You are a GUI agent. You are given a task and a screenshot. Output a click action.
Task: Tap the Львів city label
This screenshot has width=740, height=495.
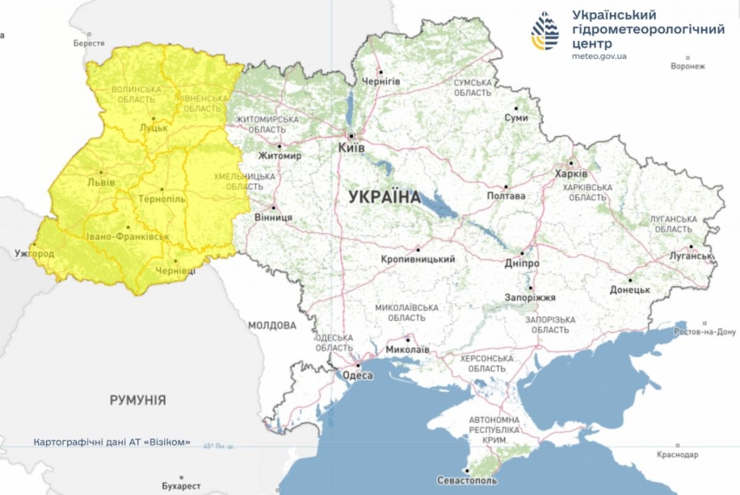(100, 183)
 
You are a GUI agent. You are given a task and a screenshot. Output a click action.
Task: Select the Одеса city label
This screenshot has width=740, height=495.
(357, 375)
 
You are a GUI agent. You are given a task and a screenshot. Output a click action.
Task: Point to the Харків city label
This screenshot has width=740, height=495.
(571, 174)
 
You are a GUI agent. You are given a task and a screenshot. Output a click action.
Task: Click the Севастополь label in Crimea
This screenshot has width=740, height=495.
(468, 481)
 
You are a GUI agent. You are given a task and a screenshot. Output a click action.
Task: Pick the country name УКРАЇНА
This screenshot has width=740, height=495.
(384, 196)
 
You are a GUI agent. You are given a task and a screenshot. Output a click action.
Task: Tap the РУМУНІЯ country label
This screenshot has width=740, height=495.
(138, 400)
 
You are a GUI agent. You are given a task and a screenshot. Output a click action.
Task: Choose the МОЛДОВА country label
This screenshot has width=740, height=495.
(272, 325)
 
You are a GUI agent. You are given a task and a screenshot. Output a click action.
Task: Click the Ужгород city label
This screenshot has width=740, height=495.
(34, 254)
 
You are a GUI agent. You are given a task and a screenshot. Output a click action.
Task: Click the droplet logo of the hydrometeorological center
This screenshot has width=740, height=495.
(545, 30)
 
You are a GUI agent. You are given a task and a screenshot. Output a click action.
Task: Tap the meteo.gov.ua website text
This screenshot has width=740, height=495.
(599, 56)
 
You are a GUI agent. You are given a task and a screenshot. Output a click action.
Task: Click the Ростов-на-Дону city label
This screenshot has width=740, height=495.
(705, 332)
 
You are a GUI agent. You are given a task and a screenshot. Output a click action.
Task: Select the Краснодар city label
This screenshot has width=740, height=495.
(677, 455)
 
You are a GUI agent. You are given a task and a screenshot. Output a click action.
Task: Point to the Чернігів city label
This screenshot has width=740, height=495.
(380, 81)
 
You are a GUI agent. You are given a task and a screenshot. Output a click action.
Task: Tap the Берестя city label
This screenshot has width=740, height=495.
(89, 43)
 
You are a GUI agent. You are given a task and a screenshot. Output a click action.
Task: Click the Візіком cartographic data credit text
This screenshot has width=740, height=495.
(112, 442)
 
